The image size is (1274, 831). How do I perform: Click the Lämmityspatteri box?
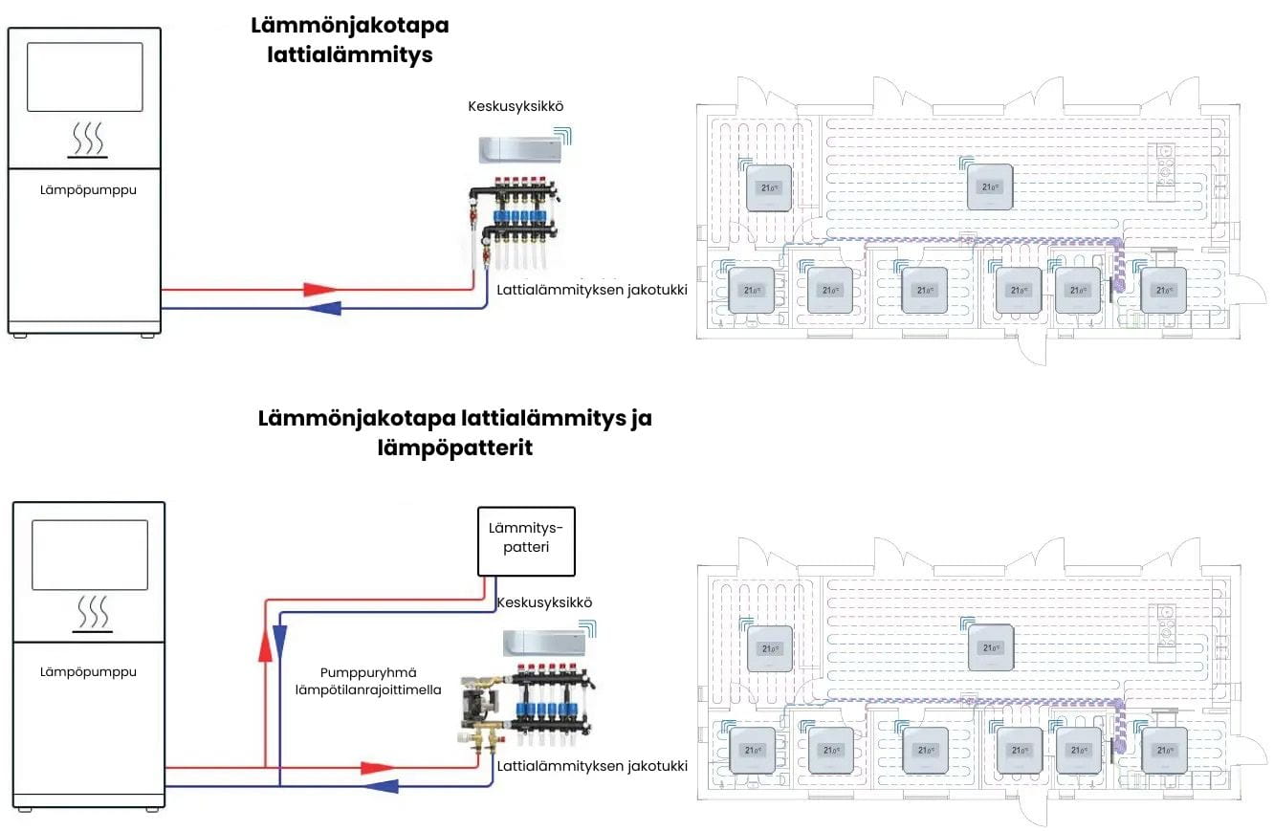526,541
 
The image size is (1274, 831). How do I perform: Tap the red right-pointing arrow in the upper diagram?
319,288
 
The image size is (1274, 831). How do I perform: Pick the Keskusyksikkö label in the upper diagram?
515,106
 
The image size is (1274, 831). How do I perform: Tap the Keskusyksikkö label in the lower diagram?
544,603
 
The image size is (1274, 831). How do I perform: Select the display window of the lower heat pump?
90,555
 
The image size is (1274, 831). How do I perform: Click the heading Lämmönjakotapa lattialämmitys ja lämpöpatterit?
454,432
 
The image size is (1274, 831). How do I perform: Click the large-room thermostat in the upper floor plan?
989,186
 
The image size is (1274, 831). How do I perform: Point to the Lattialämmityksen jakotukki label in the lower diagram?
592,766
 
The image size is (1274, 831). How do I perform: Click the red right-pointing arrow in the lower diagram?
377,767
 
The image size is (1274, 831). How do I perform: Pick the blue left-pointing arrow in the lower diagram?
383,786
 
